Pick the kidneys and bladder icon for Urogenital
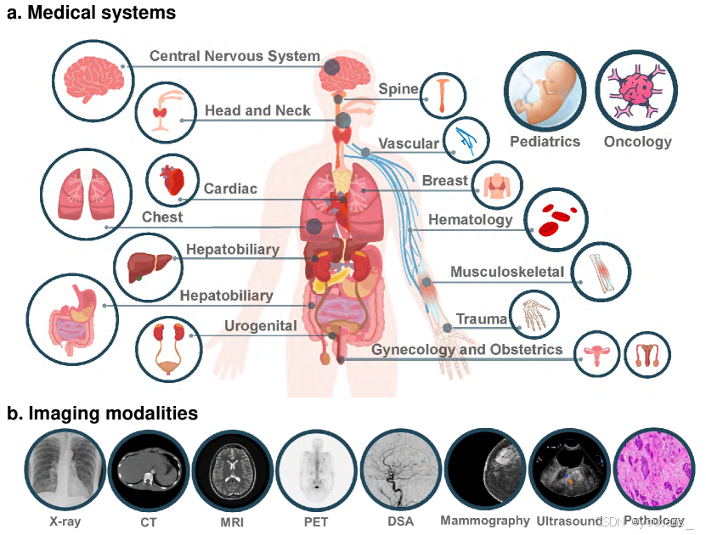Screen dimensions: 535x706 click(167, 348)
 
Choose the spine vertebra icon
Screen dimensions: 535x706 click(443, 93)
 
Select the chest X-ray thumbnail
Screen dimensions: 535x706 click(65, 470)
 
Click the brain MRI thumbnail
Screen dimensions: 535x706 click(232, 470)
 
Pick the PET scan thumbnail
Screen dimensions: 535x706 click(315, 470)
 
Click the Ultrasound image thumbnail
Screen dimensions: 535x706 click(569, 470)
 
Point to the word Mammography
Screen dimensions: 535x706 click(485, 521)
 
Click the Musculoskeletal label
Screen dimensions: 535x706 click(506, 273)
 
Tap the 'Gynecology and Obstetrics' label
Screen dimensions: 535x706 click(466, 350)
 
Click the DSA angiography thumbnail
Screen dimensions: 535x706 click(399, 470)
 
